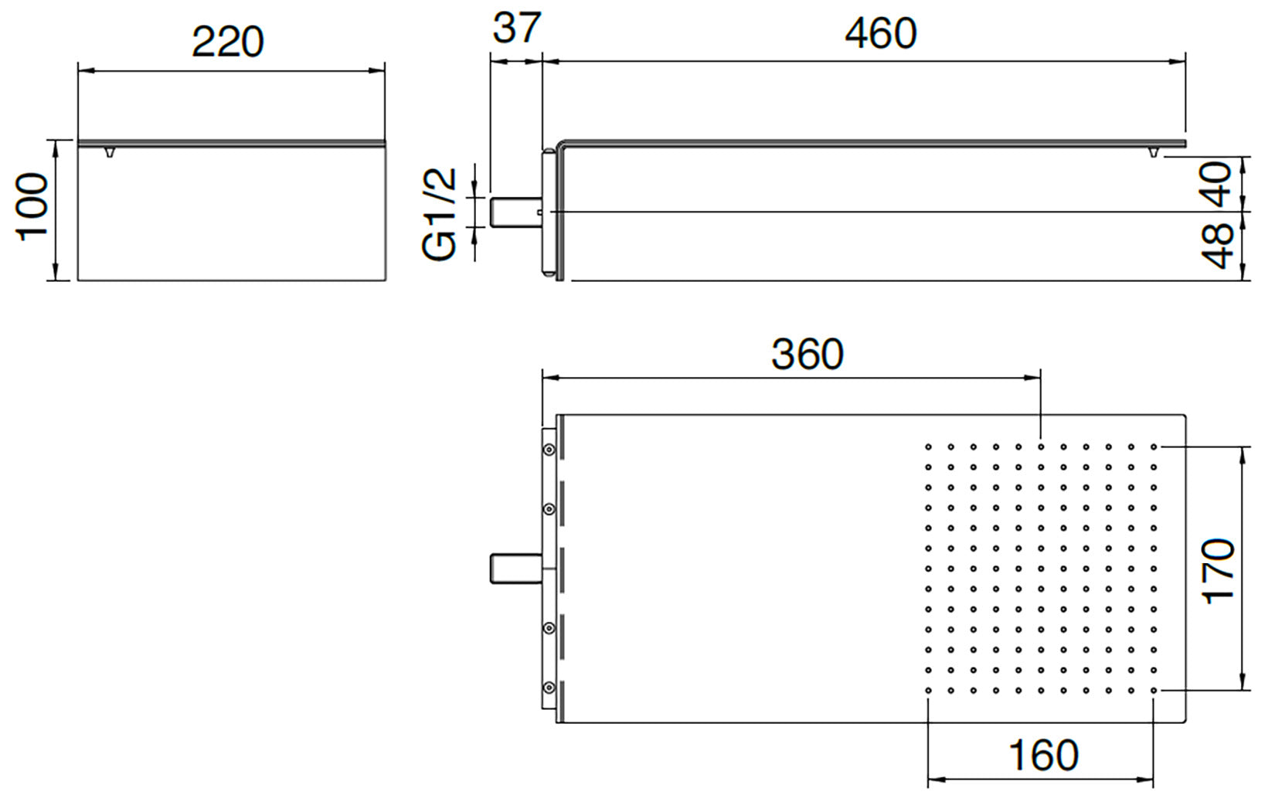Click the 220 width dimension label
coord(228,42)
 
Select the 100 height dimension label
coord(33,207)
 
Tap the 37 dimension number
coord(517,29)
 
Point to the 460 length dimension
coord(880,33)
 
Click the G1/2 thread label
coord(440,214)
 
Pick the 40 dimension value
coord(1219,184)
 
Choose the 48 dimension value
coord(1219,246)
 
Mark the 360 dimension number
coord(807,355)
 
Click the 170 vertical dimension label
coord(1219,571)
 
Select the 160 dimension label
coord(1043,756)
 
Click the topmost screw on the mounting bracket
coord(549,450)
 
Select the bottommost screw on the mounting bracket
coord(549,687)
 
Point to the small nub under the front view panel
coord(109,152)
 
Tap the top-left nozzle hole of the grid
coord(928,447)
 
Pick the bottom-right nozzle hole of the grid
coord(1154,691)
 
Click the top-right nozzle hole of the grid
coord(1154,447)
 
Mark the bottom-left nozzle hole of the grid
coord(928,691)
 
